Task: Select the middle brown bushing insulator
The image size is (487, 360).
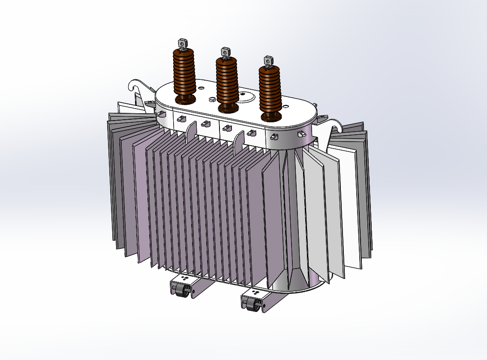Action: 226,82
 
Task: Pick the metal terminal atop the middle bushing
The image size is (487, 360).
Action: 225,53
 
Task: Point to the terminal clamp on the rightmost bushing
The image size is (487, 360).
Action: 268,60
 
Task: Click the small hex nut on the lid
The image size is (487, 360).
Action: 212,100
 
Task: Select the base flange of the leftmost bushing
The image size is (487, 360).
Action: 185,100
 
